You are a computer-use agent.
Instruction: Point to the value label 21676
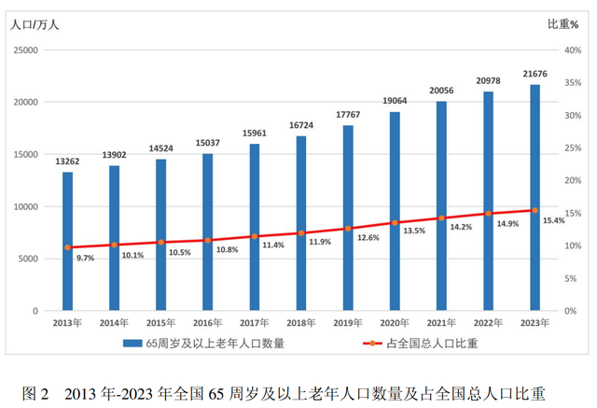535,74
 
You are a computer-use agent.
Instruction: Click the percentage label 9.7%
85,258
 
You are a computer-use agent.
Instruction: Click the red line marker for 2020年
395,223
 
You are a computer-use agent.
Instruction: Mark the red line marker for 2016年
208,240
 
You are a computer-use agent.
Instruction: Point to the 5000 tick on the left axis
27,259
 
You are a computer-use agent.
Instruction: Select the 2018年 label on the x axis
301,322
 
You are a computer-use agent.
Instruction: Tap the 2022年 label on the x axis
488,322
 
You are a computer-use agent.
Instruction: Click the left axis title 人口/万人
35,24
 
